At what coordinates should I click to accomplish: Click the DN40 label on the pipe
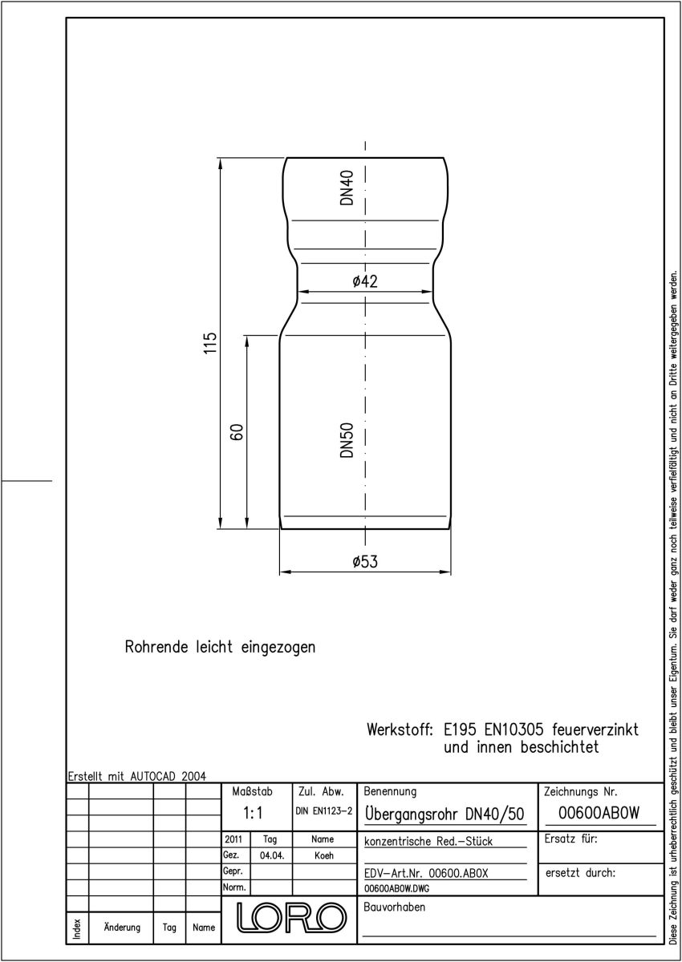[x=347, y=188]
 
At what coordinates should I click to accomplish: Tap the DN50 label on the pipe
[x=347, y=440]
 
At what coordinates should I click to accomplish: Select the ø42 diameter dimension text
[x=365, y=281]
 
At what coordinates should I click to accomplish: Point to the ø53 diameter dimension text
[x=365, y=561]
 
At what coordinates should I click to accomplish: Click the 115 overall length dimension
[x=210, y=343]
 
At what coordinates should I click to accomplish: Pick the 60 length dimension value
[x=237, y=432]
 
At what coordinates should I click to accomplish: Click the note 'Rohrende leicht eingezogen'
[x=220, y=647]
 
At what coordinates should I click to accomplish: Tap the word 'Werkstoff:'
[x=400, y=730]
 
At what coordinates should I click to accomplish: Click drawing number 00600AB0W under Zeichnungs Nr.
[x=599, y=813]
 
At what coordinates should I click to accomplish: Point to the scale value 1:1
[x=253, y=813]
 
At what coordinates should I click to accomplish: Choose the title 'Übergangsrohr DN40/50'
[x=445, y=813]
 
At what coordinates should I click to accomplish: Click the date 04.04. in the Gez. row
[x=272, y=855]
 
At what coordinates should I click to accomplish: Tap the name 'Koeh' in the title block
[x=324, y=855]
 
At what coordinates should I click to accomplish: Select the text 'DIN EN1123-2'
[x=324, y=810]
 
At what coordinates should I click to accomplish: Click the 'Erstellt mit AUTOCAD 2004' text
[x=137, y=776]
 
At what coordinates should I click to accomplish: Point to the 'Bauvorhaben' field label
[x=395, y=907]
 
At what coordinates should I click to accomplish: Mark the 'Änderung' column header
[x=122, y=927]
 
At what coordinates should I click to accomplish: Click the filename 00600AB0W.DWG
[x=396, y=888]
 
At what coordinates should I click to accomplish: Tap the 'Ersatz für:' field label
[x=571, y=839]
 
